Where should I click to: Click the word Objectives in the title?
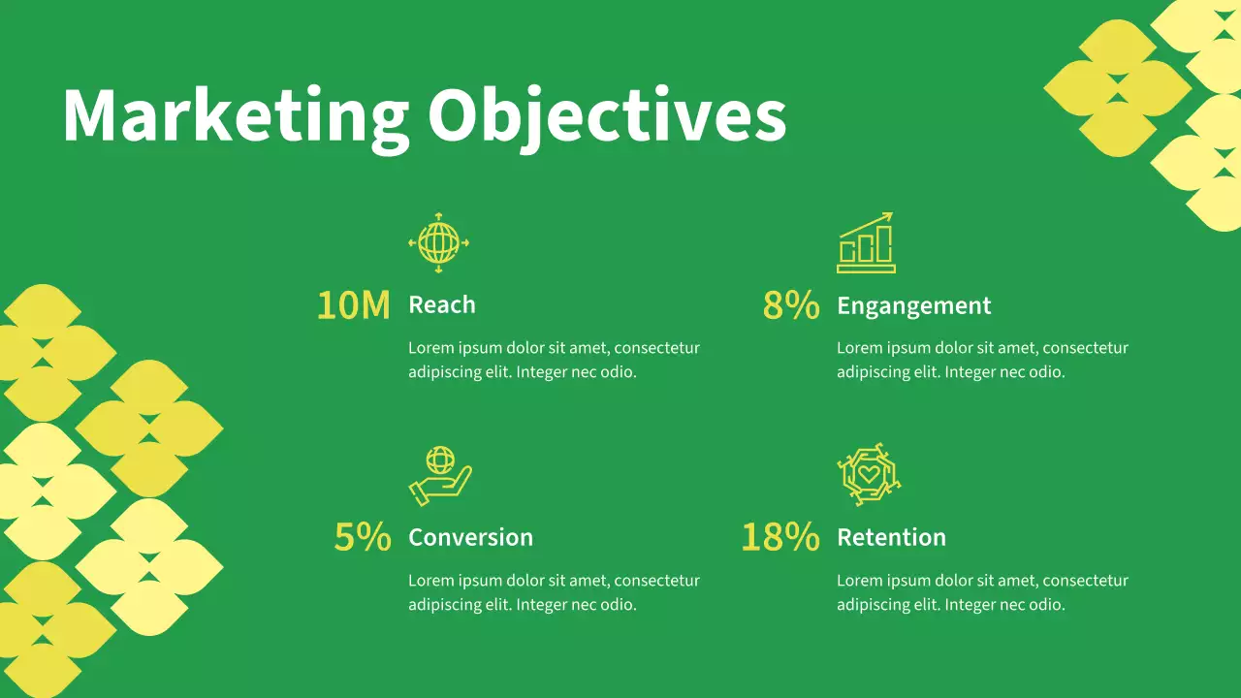pyautogui.click(x=607, y=116)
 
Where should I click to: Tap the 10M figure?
pyautogui.click(x=354, y=305)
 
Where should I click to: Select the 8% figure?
pyautogui.click(x=791, y=305)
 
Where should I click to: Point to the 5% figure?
pyautogui.click(x=363, y=537)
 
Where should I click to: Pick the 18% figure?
pyautogui.click(x=780, y=537)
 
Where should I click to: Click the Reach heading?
pyautogui.click(x=442, y=305)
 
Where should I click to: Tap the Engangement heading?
pyautogui.click(x=913, y=306)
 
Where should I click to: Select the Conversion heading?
pyautogui.click(x=470, y=537)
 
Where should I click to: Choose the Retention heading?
pyautogui.click(x=891, y=537)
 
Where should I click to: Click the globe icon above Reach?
pyautogui.click(x=438, y=242)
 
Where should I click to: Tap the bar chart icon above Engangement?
pyautogui.click(x=866, y=244)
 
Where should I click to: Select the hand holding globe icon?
pyautogui.click(x=440, y=475)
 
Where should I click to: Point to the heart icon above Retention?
pyautogui.click(x=869, y=475)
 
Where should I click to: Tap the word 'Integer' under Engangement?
pyautogui.click(x=975, y=372)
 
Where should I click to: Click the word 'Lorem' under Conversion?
pyautogui.click(x=430, y=581)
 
